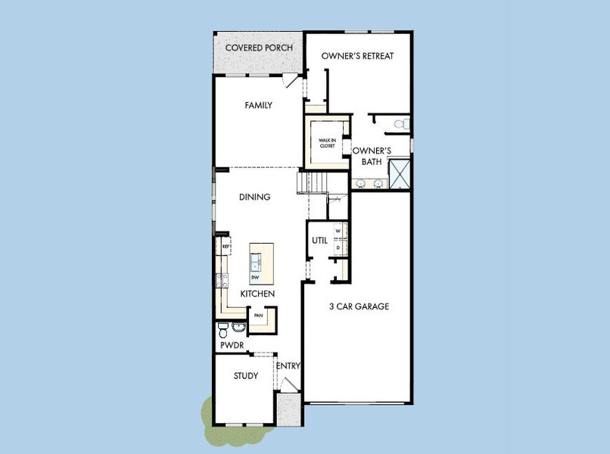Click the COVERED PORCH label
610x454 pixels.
click(x=259, y=48)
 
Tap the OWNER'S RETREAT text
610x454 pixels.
click(x=357, y=56)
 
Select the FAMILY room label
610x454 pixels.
click(x=258, y=106)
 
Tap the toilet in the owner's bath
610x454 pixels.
click(x=404, y=123)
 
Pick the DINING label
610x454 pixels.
click(x=254, y=197)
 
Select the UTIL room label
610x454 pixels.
click(x=319, y=241)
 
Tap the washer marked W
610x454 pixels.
click(x=338, y=232)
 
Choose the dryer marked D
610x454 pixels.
click(x=338, y=247)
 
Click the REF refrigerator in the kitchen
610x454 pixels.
click(x=226, y=247)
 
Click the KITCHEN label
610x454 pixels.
click(x=257, y=294)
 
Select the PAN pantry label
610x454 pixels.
click(x=258, y=316)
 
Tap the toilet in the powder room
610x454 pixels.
click(x=223, y=331)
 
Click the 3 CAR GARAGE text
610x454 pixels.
click(x=359, y=306)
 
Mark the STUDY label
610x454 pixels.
click(x=245, y=376)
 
